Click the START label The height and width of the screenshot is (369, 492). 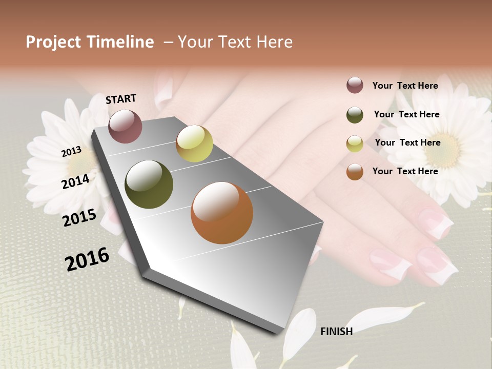point(121,99)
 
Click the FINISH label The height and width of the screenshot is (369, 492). point(336,332)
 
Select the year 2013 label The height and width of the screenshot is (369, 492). point(71,151)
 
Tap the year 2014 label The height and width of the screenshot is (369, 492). point(75,181)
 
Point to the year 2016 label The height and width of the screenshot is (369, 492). point(87,259)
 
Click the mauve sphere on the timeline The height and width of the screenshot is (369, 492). point(126,126)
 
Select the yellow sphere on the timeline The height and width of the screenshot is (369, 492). point(194,143)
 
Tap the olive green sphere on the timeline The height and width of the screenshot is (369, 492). point(149,184)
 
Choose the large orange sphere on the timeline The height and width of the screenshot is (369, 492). point(222,213)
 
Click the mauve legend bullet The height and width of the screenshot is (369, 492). point(355,85)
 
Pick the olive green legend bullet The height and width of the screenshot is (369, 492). point(355,115)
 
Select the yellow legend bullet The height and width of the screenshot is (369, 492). point(355,143)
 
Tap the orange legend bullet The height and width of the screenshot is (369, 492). point(355,172)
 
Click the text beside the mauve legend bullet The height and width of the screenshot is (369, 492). point(405,86)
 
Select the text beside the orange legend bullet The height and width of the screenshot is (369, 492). point(405,171)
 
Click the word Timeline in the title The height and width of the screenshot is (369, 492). point(120,42)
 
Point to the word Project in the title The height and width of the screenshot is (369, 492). point(54,42)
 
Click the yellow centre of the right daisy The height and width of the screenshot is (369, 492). point(443,150)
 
